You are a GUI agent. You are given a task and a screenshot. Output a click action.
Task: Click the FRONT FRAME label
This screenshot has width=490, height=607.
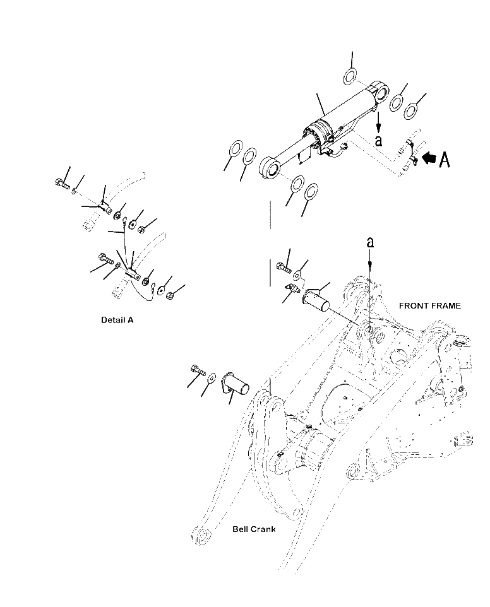(x=430, y=305)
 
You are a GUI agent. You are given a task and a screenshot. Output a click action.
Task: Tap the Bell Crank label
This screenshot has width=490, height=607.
(x=254, y=529)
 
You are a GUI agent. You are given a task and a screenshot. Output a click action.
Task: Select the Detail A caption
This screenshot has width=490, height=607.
(x=117, y=320)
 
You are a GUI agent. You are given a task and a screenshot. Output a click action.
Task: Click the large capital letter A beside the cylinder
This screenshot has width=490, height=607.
(x=445, y=160)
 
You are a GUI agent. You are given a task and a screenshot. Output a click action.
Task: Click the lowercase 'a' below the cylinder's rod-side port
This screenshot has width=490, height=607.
(x=378, y=140)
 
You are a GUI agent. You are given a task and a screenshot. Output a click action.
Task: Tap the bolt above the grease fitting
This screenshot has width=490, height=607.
(x=282, y=268)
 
